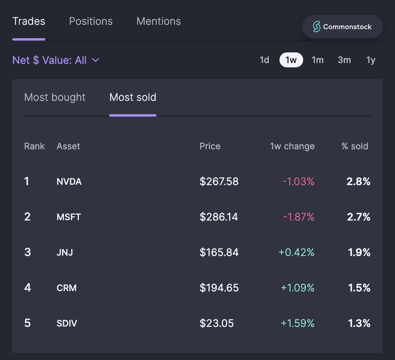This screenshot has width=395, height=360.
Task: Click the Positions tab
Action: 91,21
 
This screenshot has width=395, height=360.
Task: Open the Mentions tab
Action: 158,21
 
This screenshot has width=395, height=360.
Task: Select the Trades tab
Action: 29,21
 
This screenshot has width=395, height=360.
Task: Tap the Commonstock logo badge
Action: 342,27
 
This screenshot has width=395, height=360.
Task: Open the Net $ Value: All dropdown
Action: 56,60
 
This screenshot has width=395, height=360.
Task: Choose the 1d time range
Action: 264,60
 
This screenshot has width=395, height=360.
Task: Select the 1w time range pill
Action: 291,60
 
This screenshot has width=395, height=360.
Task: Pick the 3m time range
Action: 344,60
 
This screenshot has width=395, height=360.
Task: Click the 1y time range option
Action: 371,60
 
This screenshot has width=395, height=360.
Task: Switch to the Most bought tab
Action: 55,97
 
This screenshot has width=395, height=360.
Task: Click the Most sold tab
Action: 133,97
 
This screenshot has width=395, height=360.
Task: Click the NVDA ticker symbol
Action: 69,182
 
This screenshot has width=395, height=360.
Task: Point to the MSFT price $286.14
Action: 219,217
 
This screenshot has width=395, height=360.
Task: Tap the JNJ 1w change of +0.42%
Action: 296,252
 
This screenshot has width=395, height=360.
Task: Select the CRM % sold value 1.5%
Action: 359,288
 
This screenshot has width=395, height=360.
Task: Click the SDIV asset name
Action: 67,324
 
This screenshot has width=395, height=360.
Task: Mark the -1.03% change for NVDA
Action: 298,182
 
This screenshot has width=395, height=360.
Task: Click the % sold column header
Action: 354,147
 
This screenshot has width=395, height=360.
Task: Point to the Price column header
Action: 210,147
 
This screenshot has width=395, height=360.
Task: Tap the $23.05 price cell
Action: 216,323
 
